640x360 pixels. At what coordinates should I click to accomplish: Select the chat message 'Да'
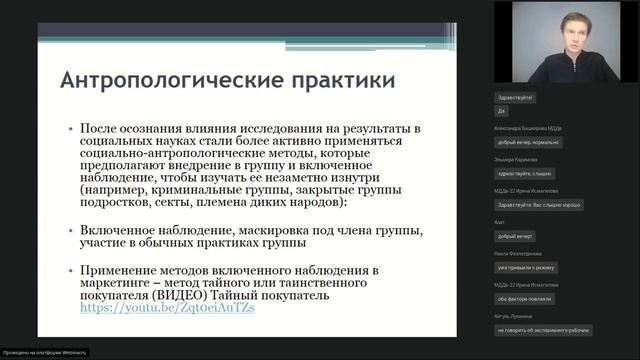[x=501, y=111]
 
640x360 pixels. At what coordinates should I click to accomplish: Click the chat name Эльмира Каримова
[x=516, y=159]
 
